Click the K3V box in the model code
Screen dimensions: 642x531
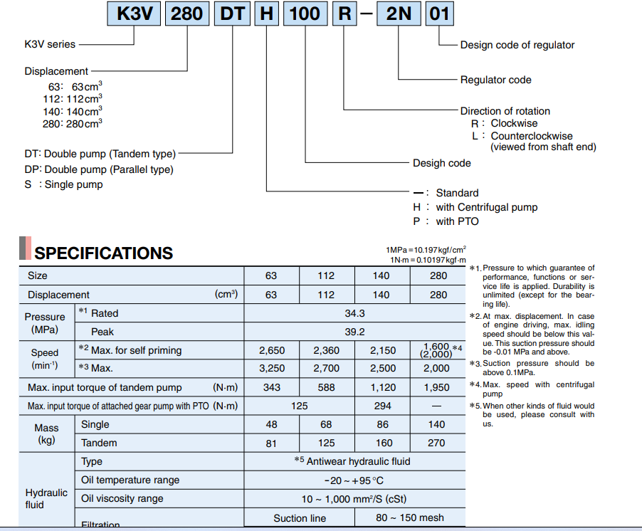click(134, 14)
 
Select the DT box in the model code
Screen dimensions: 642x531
click(232, 14)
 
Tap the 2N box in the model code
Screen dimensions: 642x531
click(399, 14)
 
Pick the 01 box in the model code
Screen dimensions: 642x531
click(439, 14)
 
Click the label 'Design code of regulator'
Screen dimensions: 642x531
click(517, 45)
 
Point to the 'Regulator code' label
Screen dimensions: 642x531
click(496, 80)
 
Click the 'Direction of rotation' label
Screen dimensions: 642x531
click(505, 111)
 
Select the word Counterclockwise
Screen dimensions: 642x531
click(532, 136)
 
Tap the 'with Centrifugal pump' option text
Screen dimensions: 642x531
click(486, 207)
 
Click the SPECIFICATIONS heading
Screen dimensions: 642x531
click(104, 253)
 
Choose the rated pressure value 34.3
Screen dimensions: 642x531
click(354, 313)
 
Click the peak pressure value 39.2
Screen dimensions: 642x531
click(354, 332)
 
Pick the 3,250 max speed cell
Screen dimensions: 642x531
click(272, 368)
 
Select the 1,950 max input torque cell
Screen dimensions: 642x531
click(436, 387)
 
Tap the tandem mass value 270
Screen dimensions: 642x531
click(436, 443)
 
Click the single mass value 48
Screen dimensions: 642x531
click(271, 424)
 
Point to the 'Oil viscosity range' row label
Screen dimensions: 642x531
click(122, 499)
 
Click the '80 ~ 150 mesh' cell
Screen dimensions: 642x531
click(410, 518)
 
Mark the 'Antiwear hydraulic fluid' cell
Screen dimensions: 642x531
click(352, 461)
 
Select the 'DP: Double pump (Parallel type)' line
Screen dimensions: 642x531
click(99, 169)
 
